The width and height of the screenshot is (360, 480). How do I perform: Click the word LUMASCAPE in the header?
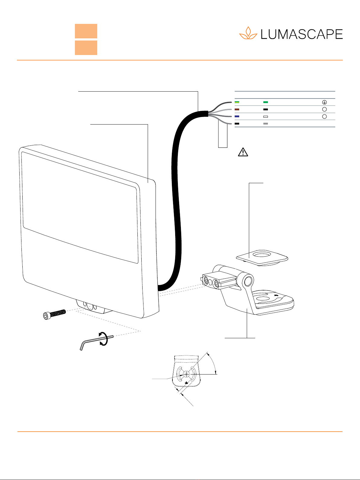point(301,34)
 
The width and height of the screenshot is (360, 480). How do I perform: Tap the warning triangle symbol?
point(243,152)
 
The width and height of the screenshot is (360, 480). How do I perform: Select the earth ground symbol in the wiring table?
point(324,102)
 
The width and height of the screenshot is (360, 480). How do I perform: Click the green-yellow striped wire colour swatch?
point(237,102)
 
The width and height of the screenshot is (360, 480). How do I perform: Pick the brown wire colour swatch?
point(237,109)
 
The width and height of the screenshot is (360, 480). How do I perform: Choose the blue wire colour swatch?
point(237,116)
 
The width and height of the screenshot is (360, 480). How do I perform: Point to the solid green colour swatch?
point(265,102)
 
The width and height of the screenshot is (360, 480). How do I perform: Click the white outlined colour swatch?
point(265,116)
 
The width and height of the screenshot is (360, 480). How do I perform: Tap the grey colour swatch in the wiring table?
point(265,124)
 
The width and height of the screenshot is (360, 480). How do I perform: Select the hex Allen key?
point(94,341)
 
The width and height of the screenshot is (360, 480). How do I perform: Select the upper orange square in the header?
point(86,31)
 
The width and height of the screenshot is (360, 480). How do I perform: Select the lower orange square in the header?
point(86,48)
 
